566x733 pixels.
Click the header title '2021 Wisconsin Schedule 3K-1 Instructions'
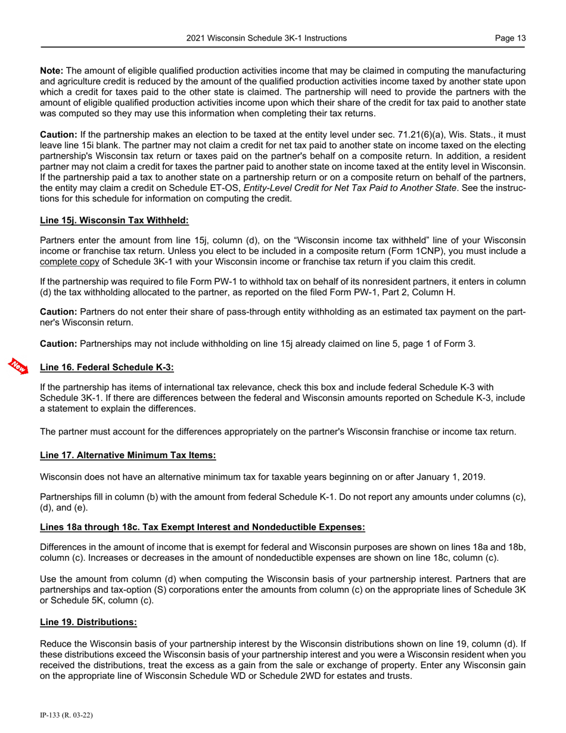pyautogui.click(x=266, y=38)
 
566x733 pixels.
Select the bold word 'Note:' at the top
pyautogui.click(x=51, y=70)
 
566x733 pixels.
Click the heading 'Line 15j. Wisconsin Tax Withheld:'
pyautogui.click(x=114, y=220)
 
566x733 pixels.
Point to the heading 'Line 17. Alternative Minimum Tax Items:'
pyautogui.click(x=127, y=455)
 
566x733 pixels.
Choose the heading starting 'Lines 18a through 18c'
pyautogui.click(x=202, y=527)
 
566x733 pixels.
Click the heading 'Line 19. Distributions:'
pyautogui.click(x=88, y=622)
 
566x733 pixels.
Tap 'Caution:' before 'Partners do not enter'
pyautogui.click(x=58, y=311)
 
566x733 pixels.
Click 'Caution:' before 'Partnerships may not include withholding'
pyautogui.click(x=58, y=343)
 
